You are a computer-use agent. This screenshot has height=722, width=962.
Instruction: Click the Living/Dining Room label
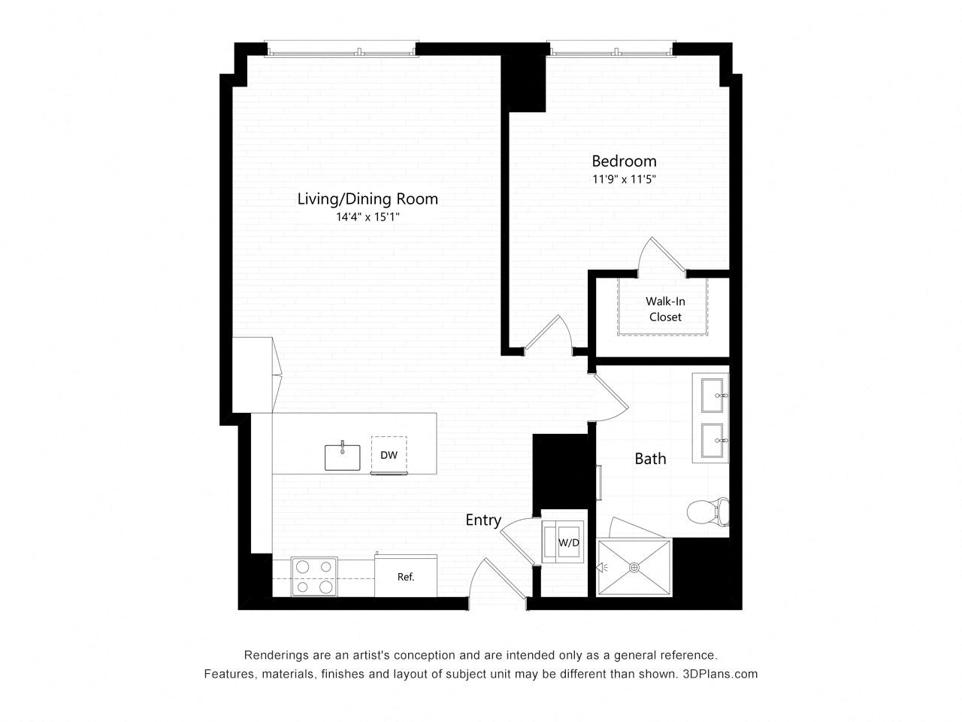(x=368, y=199)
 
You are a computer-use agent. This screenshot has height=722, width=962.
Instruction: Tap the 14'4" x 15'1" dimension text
(x=368, y=217)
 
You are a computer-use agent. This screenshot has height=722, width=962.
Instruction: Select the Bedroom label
(x=624, y=161)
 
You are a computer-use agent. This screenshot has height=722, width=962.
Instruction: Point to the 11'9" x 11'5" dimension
(x=624, y=180)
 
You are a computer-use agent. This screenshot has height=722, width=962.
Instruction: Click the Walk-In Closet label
(x=665, y=309)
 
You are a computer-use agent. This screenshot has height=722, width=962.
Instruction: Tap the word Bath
(x=650, y=459)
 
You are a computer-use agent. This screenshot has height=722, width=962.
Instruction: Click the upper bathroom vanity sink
(x=714, y=396)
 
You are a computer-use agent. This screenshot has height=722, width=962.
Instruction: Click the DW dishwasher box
(x=389, y=455)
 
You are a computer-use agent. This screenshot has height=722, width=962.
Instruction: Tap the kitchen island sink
(x=342, y=457)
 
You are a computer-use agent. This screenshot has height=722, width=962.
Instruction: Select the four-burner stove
(x=314, y=577)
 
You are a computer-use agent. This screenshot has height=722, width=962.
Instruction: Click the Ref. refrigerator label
(x=406, y=578)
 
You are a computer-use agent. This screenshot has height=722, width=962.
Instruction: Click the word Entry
(x=483, y=520)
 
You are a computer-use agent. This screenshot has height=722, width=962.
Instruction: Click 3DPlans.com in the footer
(x=720, y=674)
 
